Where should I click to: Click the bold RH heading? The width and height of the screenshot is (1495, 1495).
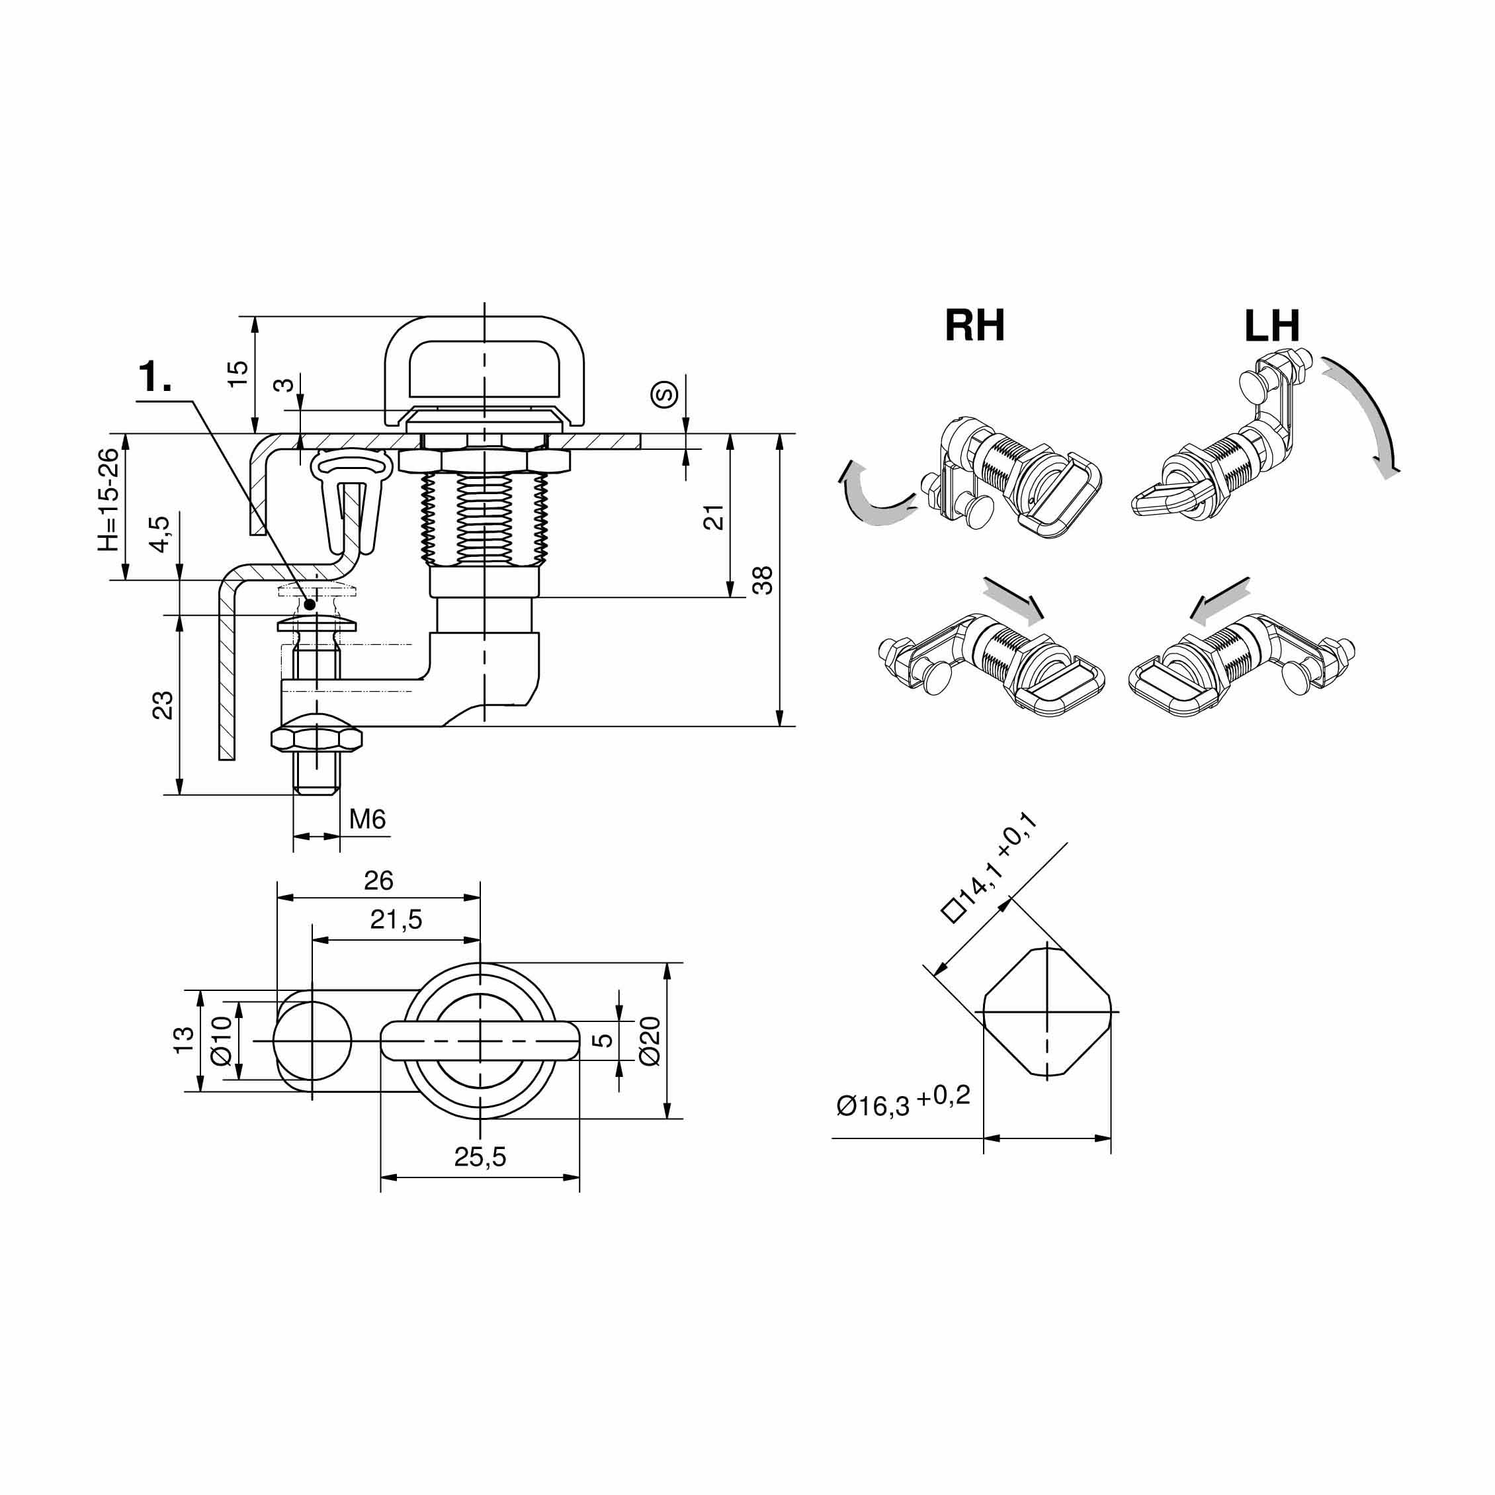[x=974, y=325]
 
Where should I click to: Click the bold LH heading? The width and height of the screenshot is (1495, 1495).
[x=1272, y=325]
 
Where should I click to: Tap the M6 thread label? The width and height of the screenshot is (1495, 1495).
[x=366, y=819]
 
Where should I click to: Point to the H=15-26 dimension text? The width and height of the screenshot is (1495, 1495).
[x=109, y=500]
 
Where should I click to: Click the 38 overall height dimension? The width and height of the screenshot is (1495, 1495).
[x=762, y=580]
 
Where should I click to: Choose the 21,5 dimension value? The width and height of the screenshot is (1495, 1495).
[x=396, y=919]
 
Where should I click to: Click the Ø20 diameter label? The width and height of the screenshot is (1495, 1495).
[x=650, y=1041]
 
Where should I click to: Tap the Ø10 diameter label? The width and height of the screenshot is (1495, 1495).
[x=222, y=1041]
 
